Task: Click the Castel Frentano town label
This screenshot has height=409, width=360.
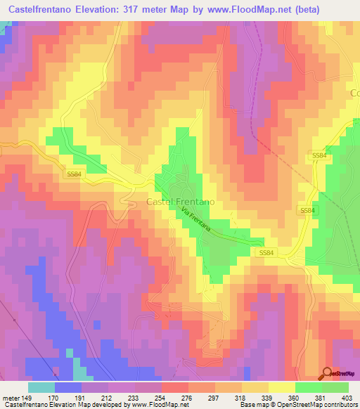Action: click(181, 202)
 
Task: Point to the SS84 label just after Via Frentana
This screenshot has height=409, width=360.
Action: click(266, 252)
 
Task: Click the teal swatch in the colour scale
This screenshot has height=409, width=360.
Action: click(41, 387)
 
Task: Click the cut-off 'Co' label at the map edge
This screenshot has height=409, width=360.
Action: click(354, 92)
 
